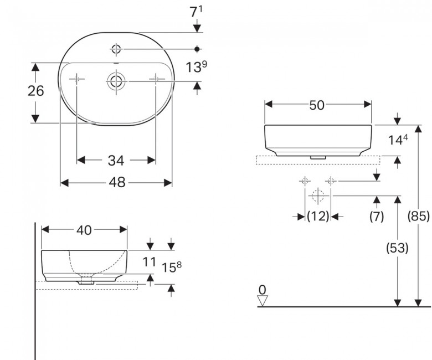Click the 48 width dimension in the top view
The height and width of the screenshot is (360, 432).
[117, 182]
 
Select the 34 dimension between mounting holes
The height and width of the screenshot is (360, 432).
[116, 160]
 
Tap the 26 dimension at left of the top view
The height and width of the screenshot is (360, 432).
[36, 91]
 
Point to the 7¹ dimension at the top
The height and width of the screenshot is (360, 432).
[196, 12]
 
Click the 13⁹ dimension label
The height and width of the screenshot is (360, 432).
[196, 67]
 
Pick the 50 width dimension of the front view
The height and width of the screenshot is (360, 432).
[317, 105]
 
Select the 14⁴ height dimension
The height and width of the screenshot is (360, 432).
[398, 140]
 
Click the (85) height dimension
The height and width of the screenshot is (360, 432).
[419, 216]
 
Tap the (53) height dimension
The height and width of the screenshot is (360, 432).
[397, 248]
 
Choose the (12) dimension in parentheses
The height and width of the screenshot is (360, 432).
[318, 216]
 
